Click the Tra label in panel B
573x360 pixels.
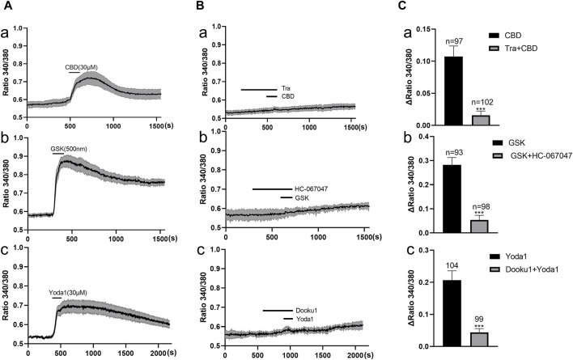click(x=286, y=89)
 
